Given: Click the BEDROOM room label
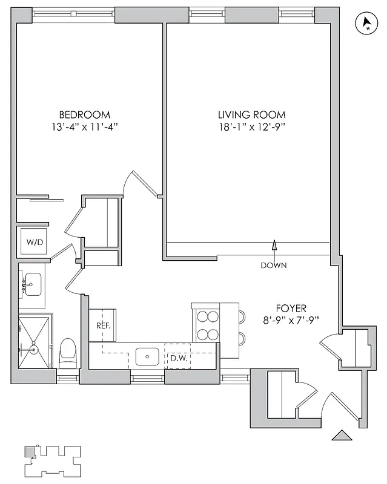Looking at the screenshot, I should pos(84,114).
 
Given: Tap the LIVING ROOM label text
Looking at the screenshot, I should pos(251,114).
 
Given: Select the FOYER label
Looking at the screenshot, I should pos(291,307).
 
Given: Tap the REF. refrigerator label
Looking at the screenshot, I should pos(103,325).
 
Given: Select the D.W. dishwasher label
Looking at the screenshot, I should pos(177,358).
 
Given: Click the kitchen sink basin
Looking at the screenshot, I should pos(147,356).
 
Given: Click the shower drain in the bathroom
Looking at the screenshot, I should pos(35,349).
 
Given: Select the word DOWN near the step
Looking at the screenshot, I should pos(274,266).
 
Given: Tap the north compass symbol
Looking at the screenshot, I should pos(366,24).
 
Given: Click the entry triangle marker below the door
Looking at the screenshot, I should pos(342,434).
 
